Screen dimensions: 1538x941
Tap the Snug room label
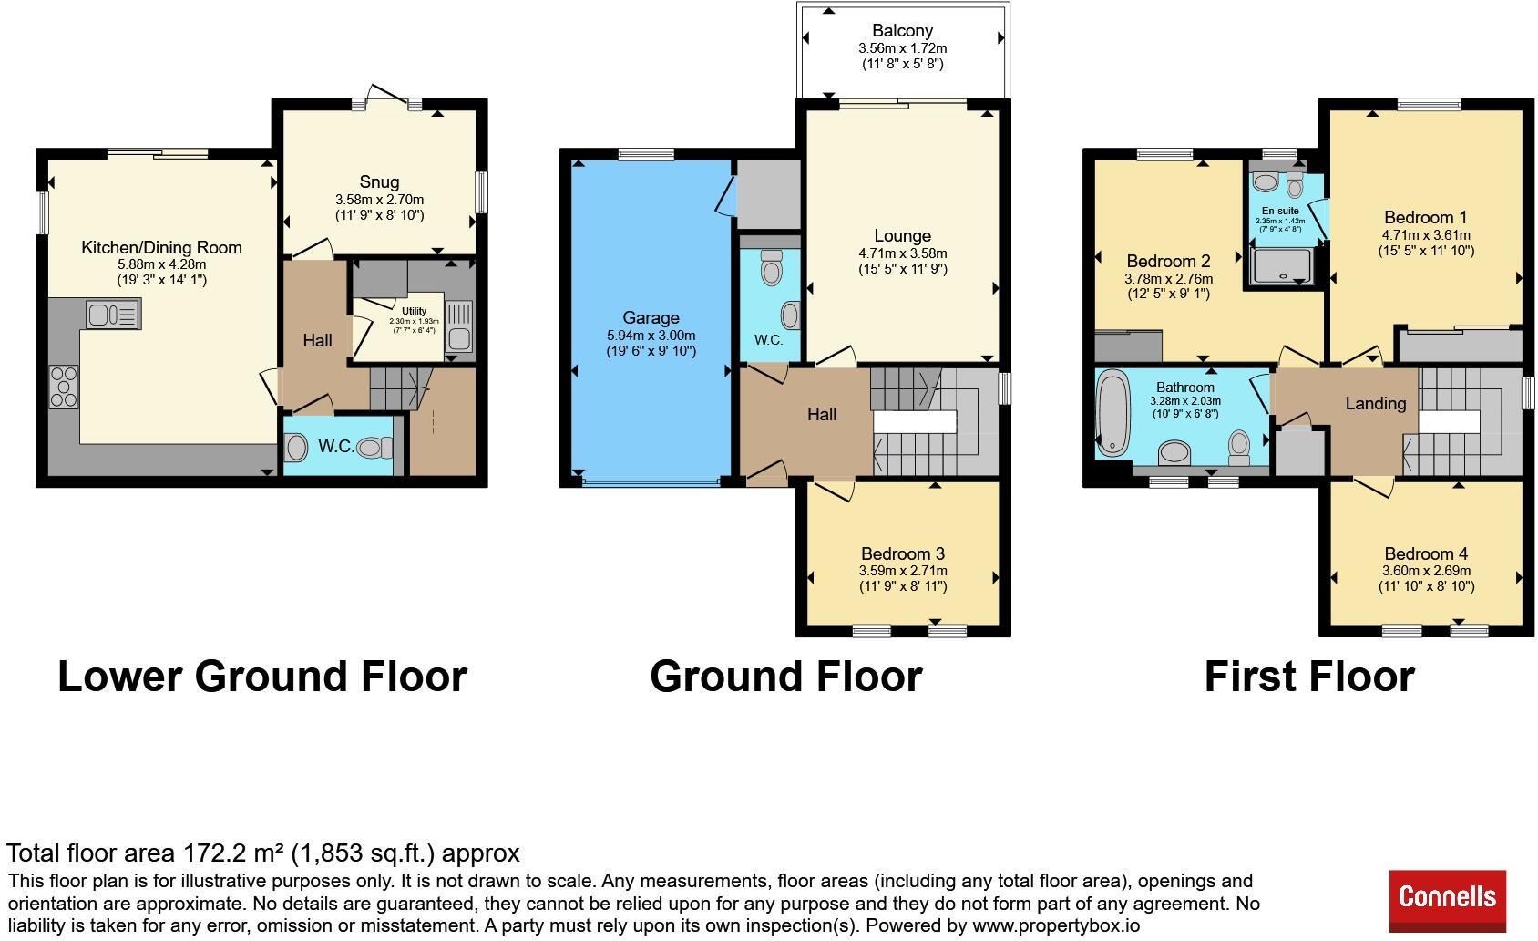click(x=379, y=182)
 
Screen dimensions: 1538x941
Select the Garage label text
click(x=651, y=317)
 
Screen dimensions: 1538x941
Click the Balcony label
click(x=902, y=31)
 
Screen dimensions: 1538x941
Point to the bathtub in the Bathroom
click(x=1112, y=413)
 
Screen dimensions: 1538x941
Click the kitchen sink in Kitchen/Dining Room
click(x=113, y=315)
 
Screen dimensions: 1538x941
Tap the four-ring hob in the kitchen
click(x=64, y=387)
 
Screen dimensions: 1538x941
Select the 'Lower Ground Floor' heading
click(x=262, y=677)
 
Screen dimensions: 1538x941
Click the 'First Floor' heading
click(x=1309, y=677)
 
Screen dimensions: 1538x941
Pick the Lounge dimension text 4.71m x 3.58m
click(x=902, y=253)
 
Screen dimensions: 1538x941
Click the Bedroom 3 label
click(x=903, y=554)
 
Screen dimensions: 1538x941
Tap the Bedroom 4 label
click(x=1426, y=554)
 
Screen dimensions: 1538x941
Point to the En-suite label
click(x=1280, y=211)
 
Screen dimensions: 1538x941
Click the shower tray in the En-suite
click(x=1281, y=266)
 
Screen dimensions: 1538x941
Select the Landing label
click(x=1375, y=404)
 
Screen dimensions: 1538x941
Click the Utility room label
click(x=414, y=311)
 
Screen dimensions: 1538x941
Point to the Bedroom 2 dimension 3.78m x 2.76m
click(x=1169, y=279)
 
